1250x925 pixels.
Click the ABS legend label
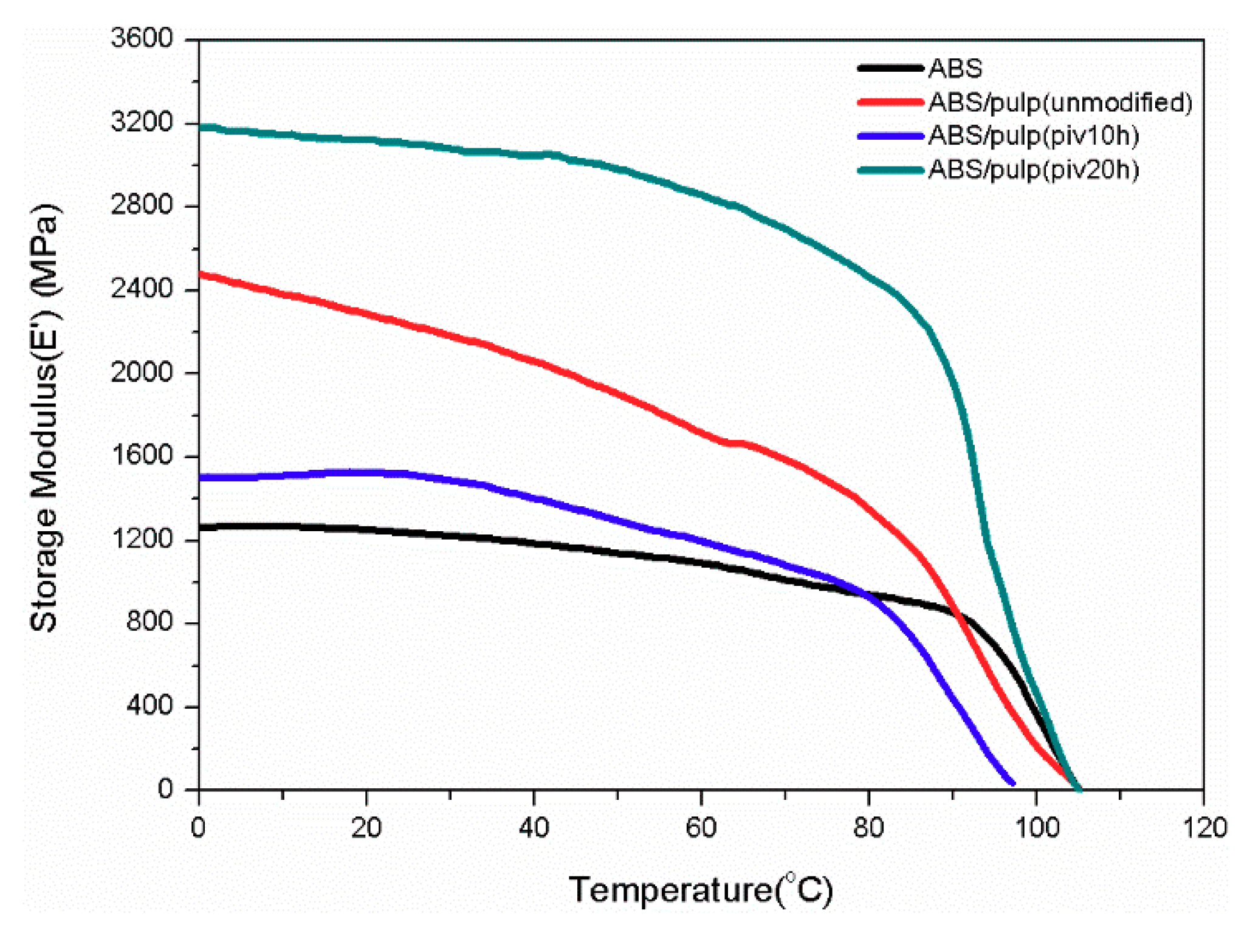coord(955,69)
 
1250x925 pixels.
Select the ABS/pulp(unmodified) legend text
coord(1060,102)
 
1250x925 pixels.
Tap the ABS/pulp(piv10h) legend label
coord(1033,136)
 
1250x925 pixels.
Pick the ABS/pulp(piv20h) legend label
coord(1033,170)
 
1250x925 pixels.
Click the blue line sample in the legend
coord(890,136)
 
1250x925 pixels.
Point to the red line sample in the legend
coord(890,102)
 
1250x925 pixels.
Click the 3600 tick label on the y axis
coord(142,38)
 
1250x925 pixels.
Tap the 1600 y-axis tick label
coord(142,455)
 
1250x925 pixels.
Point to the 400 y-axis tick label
coord(149,706)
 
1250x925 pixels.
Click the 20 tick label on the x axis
coord(366,828)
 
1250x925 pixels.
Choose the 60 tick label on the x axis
coord(701,828)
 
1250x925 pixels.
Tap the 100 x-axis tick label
coord(1036,828)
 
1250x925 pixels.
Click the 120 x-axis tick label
coord(1204,828)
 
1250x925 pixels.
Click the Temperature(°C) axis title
coord(700,890)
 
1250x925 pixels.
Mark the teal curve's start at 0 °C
coord(201,127)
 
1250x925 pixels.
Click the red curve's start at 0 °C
coord(201,274)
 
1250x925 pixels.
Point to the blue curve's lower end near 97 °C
coord(1012,783)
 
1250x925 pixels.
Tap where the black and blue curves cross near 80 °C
coord(866,594)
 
